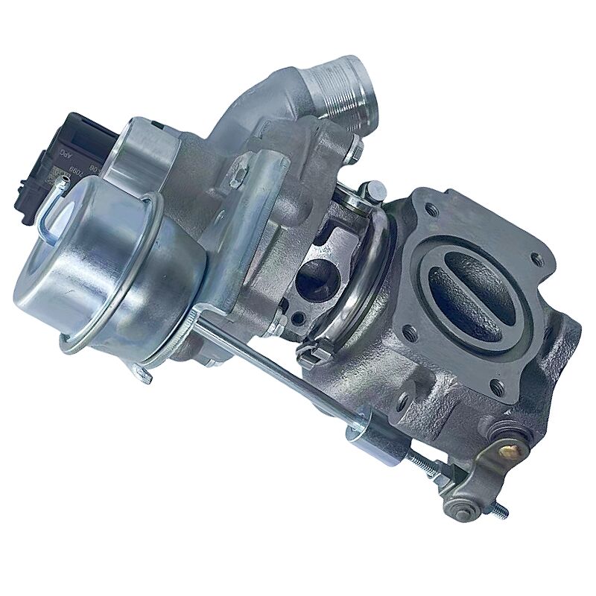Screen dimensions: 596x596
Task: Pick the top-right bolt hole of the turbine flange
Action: [x=534, y=261]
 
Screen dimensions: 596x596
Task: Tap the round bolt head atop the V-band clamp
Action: [x=364, y=196]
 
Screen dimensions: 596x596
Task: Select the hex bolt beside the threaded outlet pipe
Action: [x=357, y=153]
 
